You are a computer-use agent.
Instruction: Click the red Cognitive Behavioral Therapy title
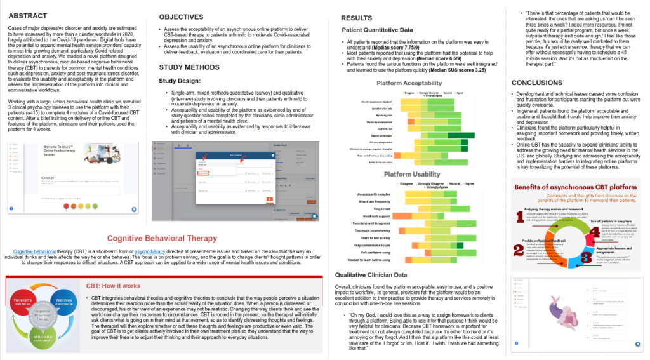tap(162, 239)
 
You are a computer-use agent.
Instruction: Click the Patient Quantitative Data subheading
tap(378, 30)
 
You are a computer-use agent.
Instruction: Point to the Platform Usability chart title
tap(413, 175)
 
